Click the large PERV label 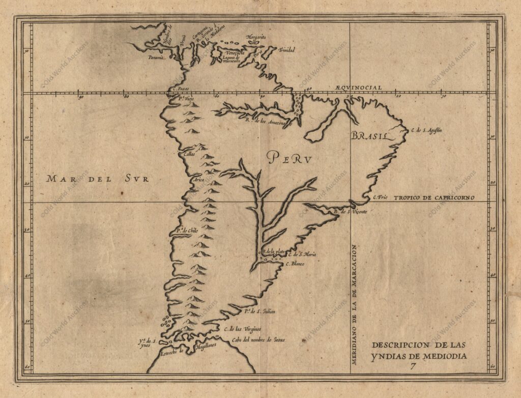point(290,158)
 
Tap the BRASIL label point(369,136)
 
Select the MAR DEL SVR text point(98,179)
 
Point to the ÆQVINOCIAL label point(358,88)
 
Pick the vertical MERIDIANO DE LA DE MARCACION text point(355,303)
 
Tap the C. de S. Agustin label point(426,130)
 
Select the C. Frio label point(381,197)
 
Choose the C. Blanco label point(295,264)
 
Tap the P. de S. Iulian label point(259,311)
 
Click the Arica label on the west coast point(197,180)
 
